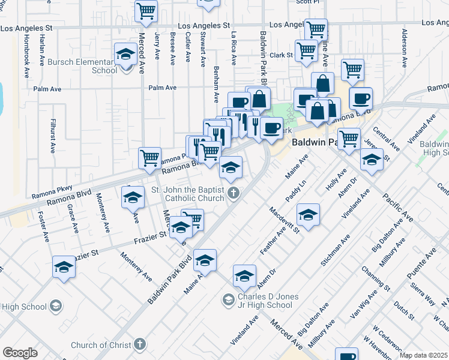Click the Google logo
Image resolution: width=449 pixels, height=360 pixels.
click(x=20, y=353)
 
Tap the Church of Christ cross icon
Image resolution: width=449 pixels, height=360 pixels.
click(x=140, y=345)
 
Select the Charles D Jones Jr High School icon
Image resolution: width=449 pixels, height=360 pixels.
click(x=228, y=299)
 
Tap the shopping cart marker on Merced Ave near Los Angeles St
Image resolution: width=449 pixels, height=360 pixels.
click(x=146, y=11)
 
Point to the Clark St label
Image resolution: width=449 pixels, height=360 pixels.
click(x=280, y=55)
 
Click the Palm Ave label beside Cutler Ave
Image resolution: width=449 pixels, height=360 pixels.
click(x=162, y=88)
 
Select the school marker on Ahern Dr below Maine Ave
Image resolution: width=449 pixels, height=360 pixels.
click(x=244, y=277)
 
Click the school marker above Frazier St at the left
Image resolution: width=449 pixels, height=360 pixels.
click(x=133, y=197)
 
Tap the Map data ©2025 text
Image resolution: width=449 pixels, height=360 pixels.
click(x=424, y=355)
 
